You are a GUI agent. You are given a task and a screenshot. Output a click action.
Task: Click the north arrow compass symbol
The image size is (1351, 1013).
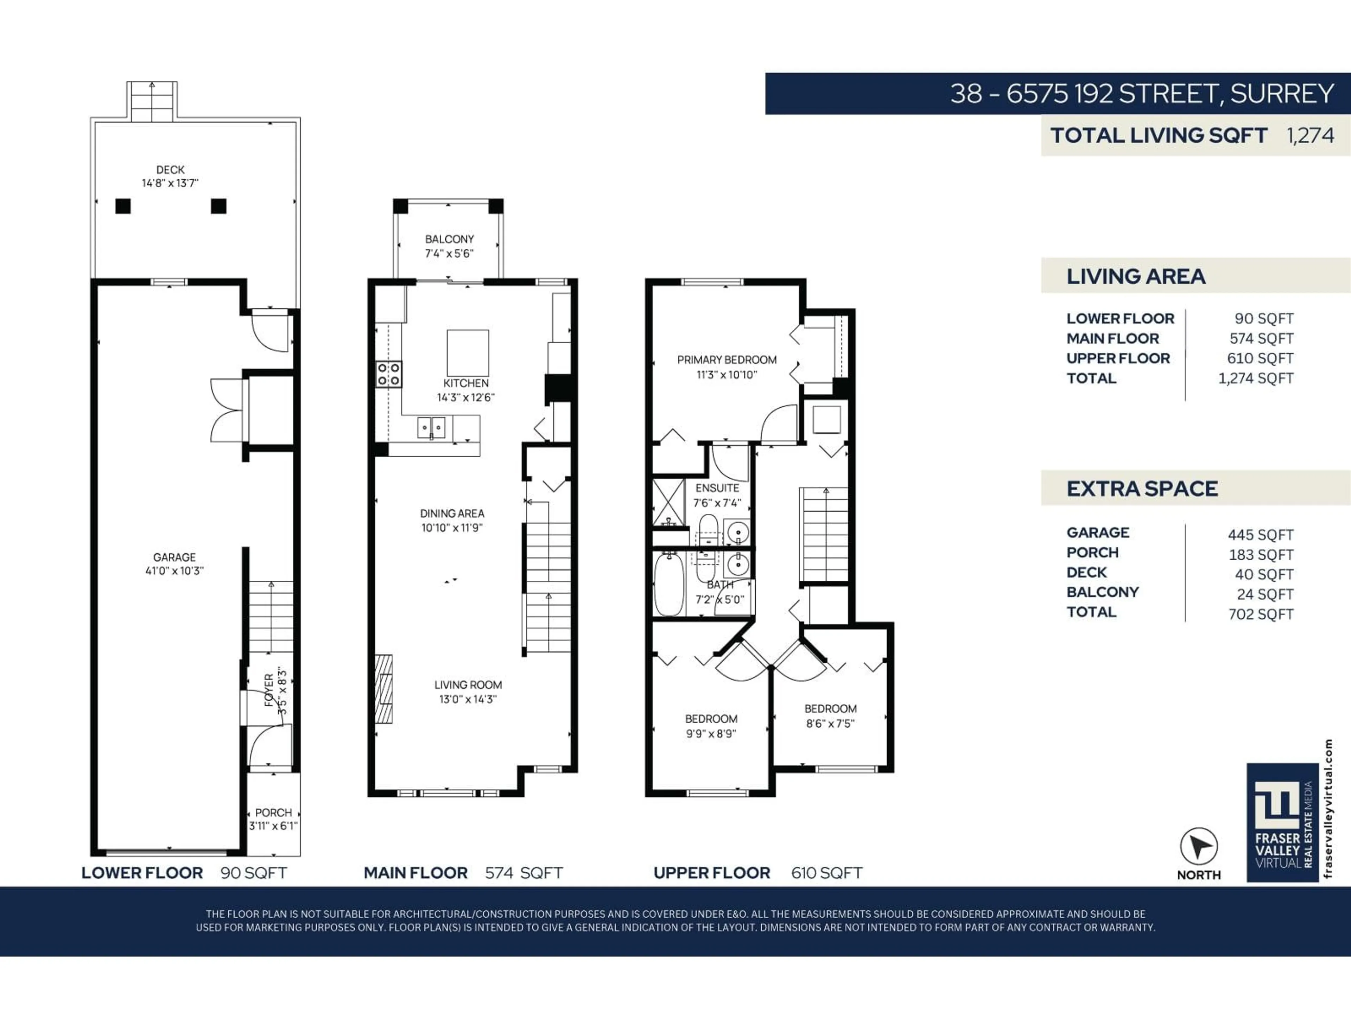coord(1198,846)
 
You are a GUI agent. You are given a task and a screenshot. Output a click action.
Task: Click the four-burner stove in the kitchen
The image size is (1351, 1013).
coord(388,374)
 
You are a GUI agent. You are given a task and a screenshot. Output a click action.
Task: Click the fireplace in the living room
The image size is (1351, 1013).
coord(383,689)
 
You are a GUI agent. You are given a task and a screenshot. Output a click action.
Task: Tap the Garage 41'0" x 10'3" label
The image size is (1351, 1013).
coord(174,563)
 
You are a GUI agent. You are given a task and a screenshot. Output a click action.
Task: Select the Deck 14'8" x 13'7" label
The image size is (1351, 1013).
coord(170,176)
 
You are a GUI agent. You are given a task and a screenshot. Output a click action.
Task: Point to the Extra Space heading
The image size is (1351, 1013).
coord(1142,489)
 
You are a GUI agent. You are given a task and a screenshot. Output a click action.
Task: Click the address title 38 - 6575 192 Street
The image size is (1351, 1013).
coord(1141,94)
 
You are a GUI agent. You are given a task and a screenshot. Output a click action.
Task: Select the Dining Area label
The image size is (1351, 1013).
coord(452,520)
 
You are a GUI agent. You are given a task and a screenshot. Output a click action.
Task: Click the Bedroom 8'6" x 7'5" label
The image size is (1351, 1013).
coord(830,716)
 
